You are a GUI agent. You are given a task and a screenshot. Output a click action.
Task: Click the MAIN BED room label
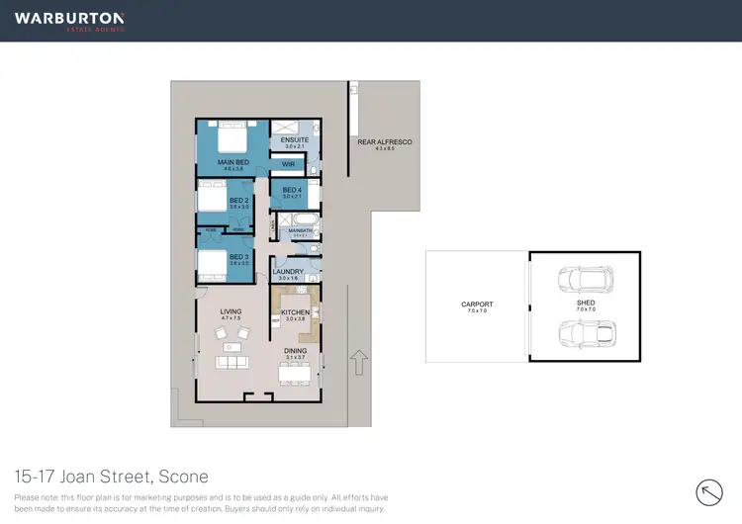(x=232, y=162)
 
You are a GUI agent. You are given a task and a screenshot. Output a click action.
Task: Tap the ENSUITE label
(x=295, y=140)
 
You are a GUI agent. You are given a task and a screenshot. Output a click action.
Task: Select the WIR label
(x=289, y=163)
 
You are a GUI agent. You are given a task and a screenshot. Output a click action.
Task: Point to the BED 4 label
(x=291, y=190)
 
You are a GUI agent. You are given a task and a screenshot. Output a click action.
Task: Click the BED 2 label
(x=238, y=201)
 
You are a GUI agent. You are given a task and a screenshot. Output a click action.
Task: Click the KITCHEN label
(x=296, y=312)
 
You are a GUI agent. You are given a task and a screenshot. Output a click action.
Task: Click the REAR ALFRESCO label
(x=384, y=142)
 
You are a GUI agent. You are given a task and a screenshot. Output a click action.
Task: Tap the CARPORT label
(x=476, y=305)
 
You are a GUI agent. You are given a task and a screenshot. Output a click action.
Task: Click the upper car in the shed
(x=579, y=280)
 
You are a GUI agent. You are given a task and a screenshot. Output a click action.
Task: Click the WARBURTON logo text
(x=68, y=17)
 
